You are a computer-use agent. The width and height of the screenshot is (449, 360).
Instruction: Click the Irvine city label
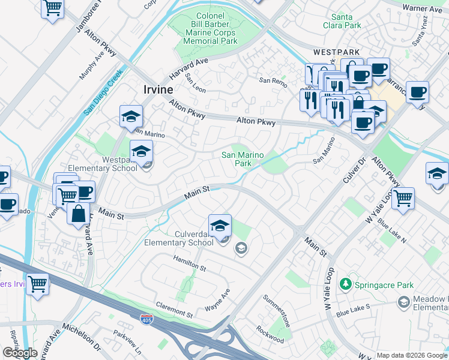158,89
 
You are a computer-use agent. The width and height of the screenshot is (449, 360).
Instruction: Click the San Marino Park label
243,159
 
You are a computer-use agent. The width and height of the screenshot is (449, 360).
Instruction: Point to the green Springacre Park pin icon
345,283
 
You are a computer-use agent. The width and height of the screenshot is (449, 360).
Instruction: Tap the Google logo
20,353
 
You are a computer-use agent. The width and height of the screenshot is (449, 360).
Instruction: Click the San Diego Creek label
103,92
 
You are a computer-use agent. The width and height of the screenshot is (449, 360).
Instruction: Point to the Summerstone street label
277,311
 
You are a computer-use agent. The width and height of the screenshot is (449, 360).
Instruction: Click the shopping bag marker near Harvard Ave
79,213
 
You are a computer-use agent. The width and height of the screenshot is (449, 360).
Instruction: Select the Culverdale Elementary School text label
179,238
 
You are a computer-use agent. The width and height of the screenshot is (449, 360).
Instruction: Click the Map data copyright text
411,355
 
